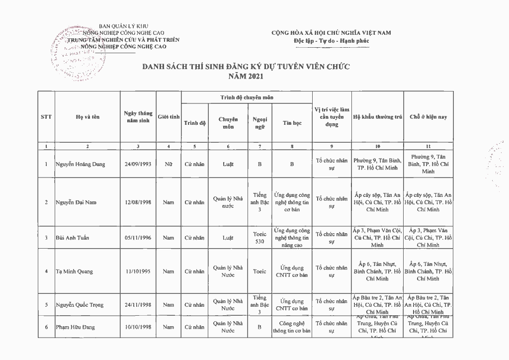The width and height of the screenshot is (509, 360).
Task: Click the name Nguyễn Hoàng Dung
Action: tap(80, 164)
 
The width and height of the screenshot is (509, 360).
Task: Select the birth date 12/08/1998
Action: tap(138, 202)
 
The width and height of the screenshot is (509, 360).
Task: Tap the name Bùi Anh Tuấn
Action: tap(73, 238)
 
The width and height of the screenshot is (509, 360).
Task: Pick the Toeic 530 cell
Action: tap(259, 238)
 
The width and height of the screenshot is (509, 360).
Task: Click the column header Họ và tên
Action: tap(87, 117)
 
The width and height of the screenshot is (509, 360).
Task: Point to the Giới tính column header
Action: tap(169, 117)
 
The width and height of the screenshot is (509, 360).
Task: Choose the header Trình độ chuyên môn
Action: tap(247, 98)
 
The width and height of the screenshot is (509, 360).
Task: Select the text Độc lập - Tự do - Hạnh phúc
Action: tap(331, 40)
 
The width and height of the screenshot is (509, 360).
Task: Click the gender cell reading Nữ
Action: tap(169, 164)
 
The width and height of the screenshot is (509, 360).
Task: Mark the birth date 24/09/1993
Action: tap(138, 164)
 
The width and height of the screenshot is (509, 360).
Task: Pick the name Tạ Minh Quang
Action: tap(74, 271)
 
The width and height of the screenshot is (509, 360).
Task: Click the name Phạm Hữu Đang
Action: tap(75, 327)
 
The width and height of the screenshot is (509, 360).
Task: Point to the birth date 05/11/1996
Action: tap(138, 238)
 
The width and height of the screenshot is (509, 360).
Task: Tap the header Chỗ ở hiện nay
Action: tap(428, 117)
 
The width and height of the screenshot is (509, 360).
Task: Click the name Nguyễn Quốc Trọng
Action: tap(80, 305)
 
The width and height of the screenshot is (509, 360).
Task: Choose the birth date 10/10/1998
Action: tap(138, 327)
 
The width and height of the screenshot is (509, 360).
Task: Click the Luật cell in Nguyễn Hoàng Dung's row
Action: tap(228, 164)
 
